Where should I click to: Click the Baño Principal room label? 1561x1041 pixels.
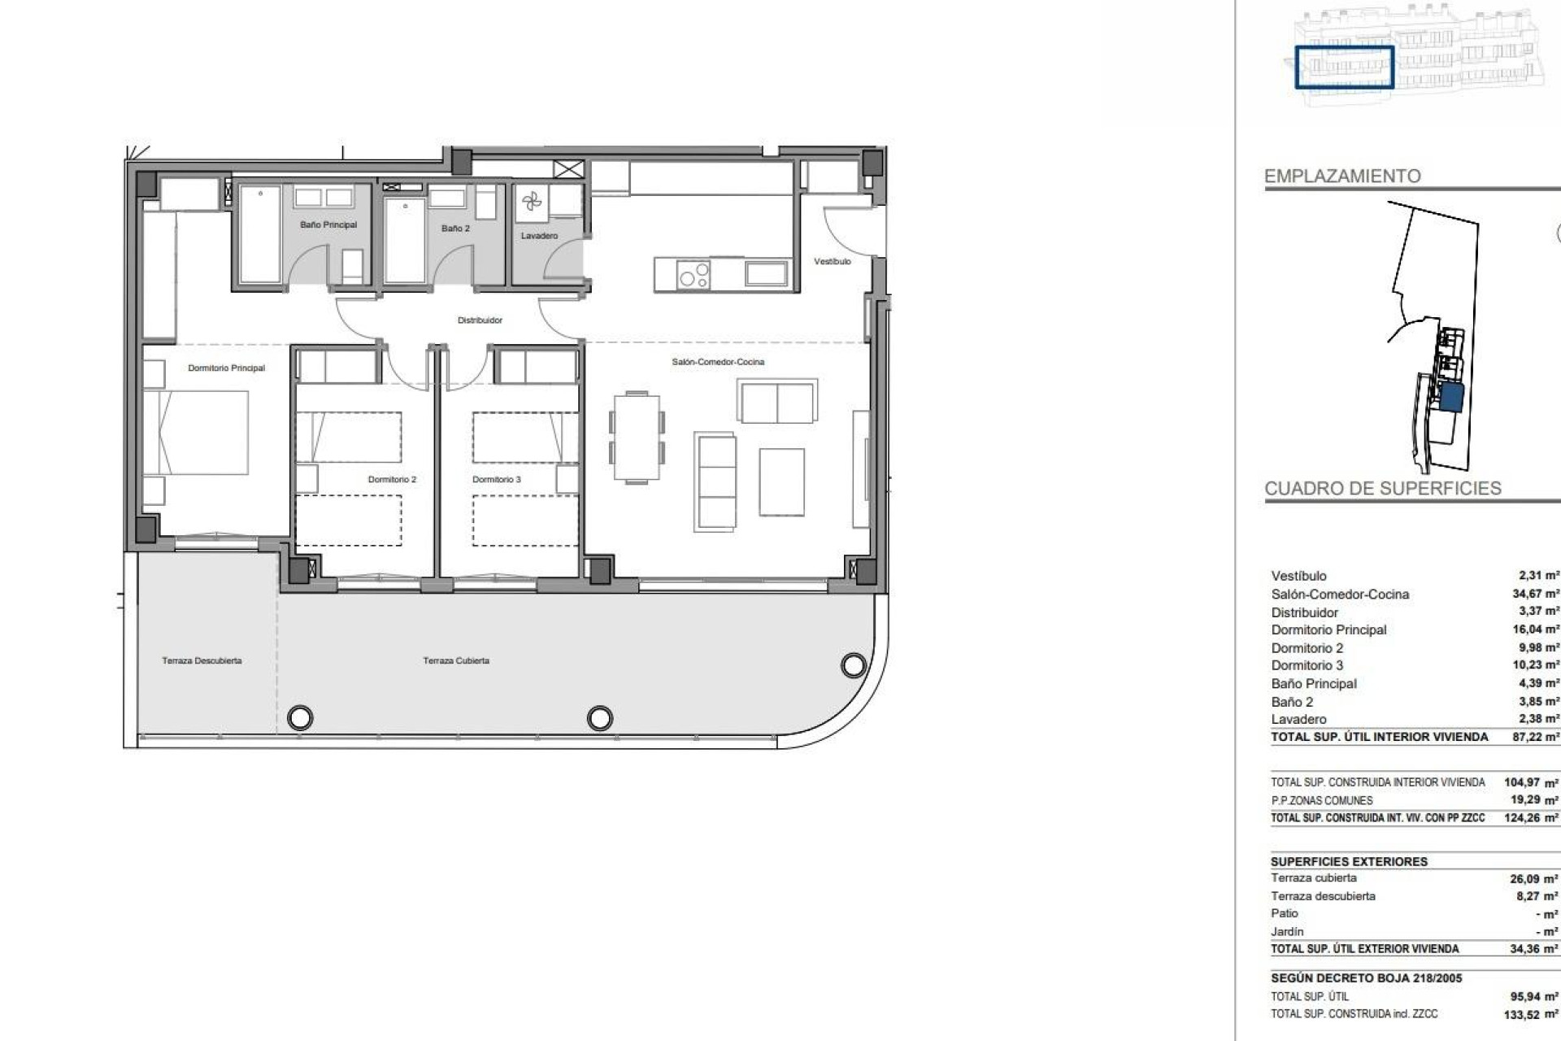(x=328, y=224)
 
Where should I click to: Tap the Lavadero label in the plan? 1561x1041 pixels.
(x=539, y=236)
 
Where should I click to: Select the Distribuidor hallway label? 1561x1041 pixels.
(x=480, y=320)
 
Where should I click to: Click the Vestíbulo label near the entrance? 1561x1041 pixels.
(x=832, y=262)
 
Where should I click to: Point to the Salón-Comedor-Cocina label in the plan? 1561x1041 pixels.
(x=718, y=362)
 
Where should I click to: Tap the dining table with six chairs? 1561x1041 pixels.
(x=637, y=438)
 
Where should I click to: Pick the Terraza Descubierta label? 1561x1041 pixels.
(x=202, y=660)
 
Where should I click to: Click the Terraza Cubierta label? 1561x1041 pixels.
(x=456, y=660)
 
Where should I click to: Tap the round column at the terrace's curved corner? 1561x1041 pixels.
(x=853, y=665)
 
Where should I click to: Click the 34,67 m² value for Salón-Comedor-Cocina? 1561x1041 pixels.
(x=1535, y=594)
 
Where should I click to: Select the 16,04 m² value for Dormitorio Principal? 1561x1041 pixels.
(x=1535, y=629)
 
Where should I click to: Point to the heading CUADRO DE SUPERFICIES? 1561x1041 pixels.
(x=1382, y=489)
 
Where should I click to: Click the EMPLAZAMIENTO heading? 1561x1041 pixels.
(x=1342, y=176)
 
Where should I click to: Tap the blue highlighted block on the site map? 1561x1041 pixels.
(x=1452, y=399)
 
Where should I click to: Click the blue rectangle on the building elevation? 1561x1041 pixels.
(x=1344, y=67)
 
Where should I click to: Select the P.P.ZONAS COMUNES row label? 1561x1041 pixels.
(x=1322, y=800)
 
